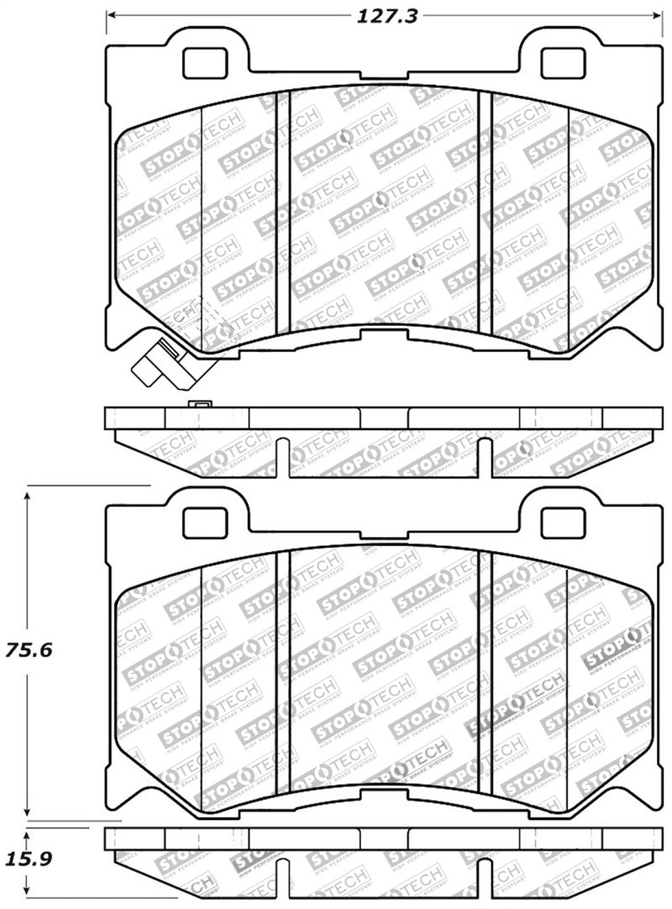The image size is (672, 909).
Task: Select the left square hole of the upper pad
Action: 204,62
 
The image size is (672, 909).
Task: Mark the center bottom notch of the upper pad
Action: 382,334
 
